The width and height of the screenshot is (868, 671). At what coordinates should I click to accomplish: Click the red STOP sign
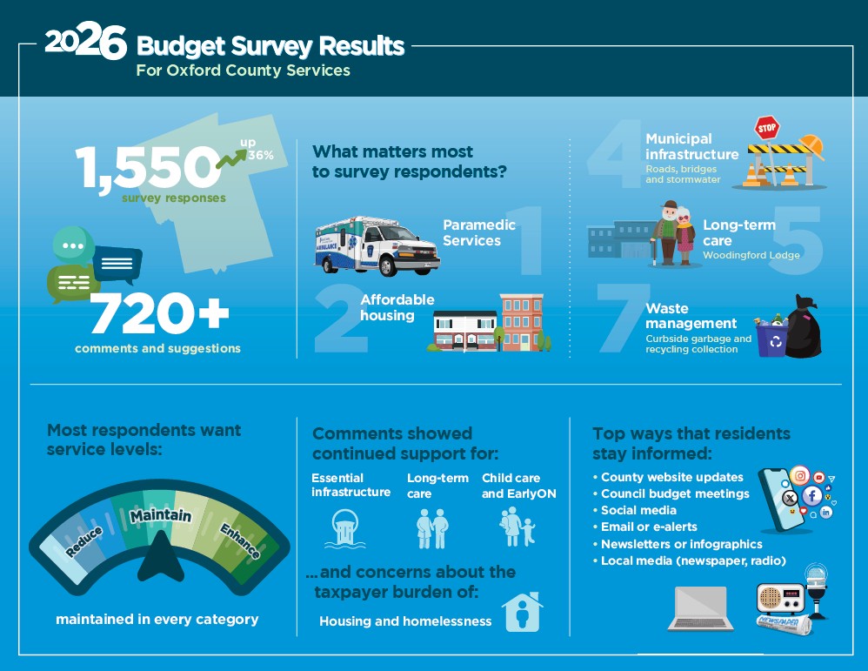pos(767,128)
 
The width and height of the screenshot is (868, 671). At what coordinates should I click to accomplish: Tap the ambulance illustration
pos(377,246)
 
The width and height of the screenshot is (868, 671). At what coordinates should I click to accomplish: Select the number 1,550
pos(149,167)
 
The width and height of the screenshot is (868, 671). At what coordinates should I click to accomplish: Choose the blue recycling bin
pos(771,339)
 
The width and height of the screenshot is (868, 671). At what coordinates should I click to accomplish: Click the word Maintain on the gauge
pos(161,516)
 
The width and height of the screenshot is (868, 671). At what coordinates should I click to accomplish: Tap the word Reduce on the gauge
pos(84,541)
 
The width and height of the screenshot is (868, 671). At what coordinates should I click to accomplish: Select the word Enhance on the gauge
pos(240,540)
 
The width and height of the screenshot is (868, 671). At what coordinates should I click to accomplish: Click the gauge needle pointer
pos(161,558)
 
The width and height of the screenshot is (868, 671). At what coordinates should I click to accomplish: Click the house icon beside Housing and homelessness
pos(523,613)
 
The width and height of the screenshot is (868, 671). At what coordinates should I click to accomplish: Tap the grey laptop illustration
pos(701,608)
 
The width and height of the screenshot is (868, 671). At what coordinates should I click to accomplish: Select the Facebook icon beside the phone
pos(812,495)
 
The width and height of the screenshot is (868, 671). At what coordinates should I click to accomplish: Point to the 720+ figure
pos(159,313)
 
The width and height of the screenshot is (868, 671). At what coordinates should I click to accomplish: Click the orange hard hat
pos(811,146)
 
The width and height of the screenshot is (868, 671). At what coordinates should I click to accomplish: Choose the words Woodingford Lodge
pos(751,256)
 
